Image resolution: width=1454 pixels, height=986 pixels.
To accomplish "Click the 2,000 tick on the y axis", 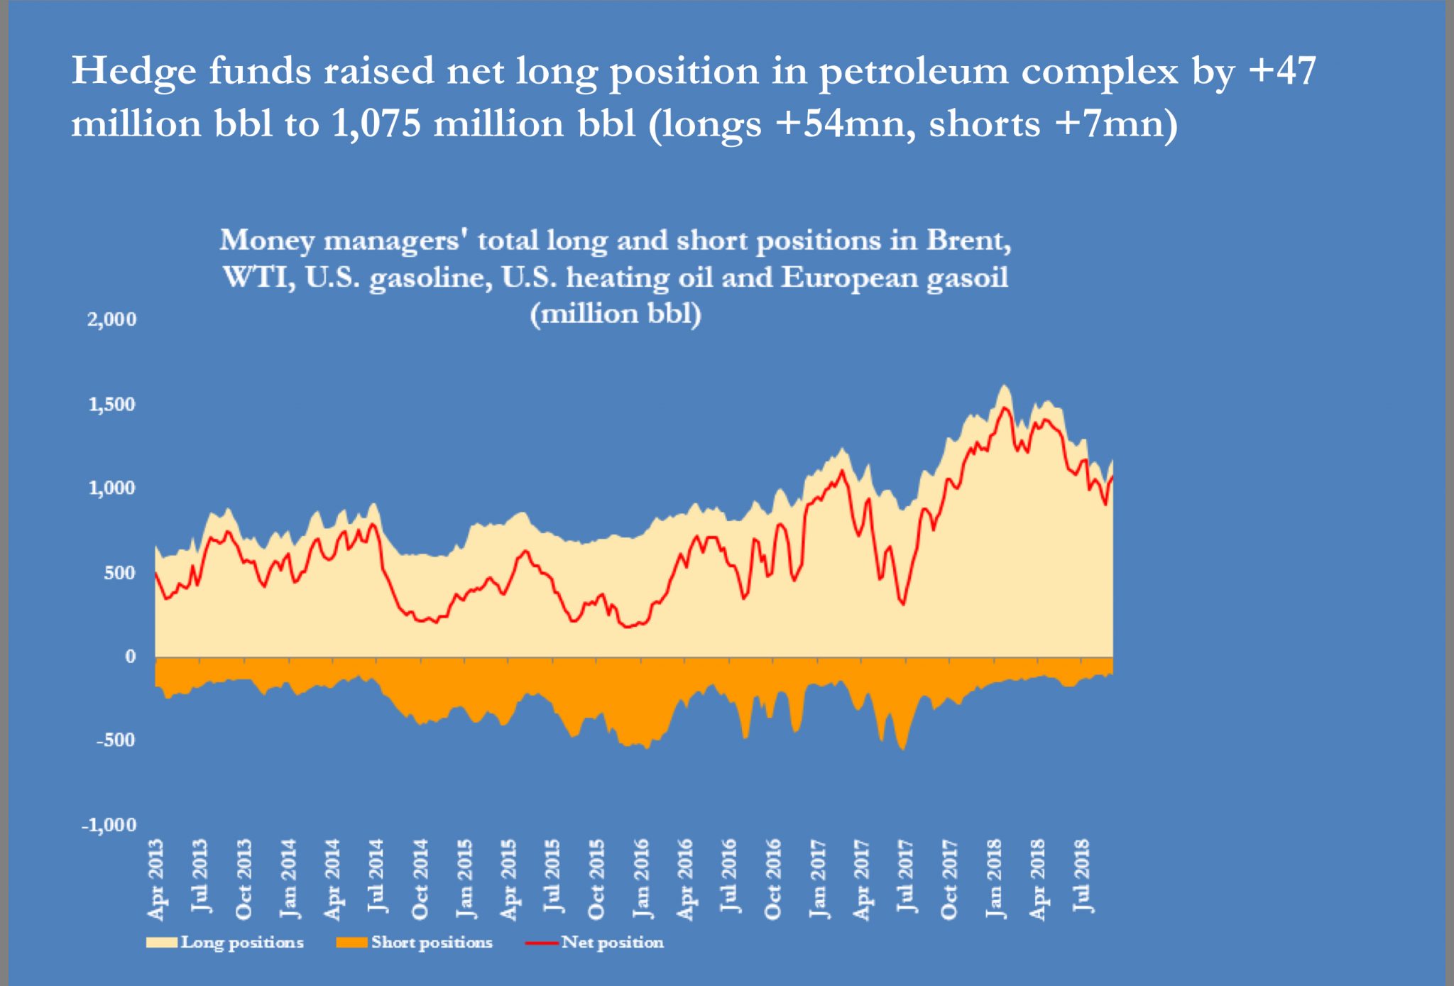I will coord(111,319).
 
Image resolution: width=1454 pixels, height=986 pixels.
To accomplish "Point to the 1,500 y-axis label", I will coord(111,405).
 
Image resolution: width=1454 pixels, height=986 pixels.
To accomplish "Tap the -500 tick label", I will coord(116,740).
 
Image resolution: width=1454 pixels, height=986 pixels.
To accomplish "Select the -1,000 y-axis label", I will coord(109,825).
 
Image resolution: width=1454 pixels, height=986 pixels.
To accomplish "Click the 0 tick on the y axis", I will coord(130,657).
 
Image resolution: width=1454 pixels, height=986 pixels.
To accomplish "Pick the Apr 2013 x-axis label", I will coord(155,879).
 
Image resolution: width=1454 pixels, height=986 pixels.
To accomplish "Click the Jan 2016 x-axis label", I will coord(641,879).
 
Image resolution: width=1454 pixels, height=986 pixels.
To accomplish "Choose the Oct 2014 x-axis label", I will coord(420,879).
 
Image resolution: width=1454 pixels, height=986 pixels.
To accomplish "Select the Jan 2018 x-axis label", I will coord(994,879).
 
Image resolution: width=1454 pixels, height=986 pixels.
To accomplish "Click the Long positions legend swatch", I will coord(162,943).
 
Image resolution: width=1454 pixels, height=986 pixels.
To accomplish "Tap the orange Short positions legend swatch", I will coord(351,943).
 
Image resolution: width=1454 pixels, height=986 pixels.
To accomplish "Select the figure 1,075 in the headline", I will coord(376,124).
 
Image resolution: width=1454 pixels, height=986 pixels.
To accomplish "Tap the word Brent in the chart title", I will coord(968,241).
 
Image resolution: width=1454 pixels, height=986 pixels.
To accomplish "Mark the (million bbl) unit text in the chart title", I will coord(616,314).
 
